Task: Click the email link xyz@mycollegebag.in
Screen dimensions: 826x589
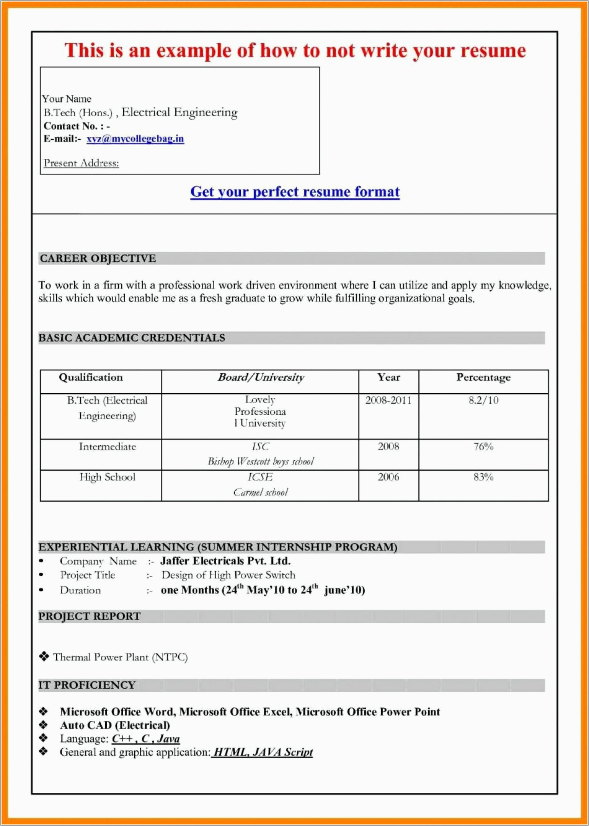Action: (x=135, y=139)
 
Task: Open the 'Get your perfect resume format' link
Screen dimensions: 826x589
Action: (x=295, y=192)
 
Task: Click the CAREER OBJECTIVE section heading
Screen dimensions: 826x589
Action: (x=98, y=258)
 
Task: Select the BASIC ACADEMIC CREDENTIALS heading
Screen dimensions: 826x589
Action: (x=132, y=338)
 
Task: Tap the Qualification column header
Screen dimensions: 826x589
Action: (x=91, y=378)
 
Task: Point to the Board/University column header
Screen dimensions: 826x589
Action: (x=260, y=378)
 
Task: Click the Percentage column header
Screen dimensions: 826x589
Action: (x=483, y=378)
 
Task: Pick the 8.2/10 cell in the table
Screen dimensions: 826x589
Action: (x=483, y=400)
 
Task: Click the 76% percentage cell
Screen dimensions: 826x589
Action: (x=483, y=446)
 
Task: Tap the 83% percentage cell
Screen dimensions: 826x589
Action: (x=483, y=477)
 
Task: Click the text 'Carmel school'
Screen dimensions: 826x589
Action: (x=260, y=492)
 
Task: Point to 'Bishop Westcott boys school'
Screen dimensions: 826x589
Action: (x=260, y=461)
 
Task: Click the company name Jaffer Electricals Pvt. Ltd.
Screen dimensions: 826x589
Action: (x=225, y=561)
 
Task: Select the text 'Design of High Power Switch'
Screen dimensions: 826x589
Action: (x=228, y=575)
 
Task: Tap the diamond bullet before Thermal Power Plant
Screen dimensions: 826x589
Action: (x=44, y=656)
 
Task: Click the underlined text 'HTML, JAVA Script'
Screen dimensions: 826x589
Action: (x=262, y=752)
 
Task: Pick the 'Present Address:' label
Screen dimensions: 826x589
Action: (x=81, y=163)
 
